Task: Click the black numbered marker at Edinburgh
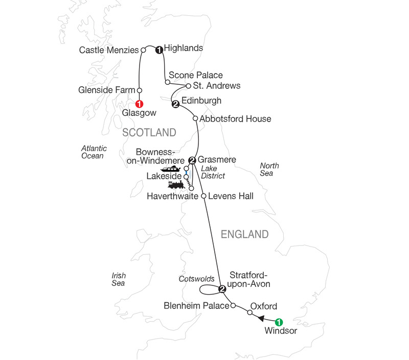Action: [x=176, y=105]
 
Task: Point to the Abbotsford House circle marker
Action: [x=195, y=118]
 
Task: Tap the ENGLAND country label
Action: [x=244, y=234]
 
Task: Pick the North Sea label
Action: [x=269, y=170]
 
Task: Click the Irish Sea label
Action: [x=119, y=279]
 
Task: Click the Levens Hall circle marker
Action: [x=203, y=196]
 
